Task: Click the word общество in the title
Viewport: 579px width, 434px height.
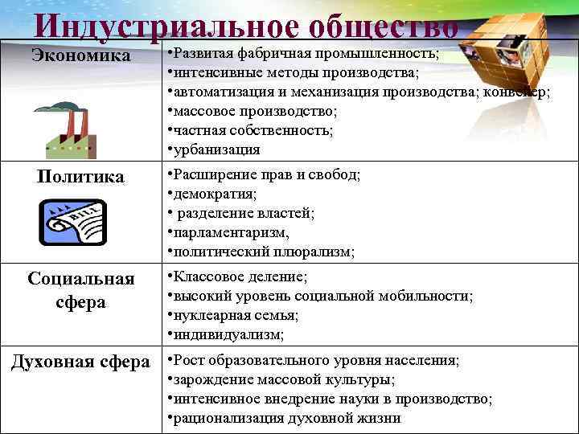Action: tap(384, 25)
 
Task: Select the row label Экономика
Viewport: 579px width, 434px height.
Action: tap(80, 55)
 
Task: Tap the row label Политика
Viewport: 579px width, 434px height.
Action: tap(80, 176)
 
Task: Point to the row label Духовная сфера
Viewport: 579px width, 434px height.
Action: tap(80, 359)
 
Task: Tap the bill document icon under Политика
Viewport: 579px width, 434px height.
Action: tap(72, 221)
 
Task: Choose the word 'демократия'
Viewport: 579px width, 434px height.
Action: tap(214, 194)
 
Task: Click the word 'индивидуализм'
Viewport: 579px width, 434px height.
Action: tap(228, 334)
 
